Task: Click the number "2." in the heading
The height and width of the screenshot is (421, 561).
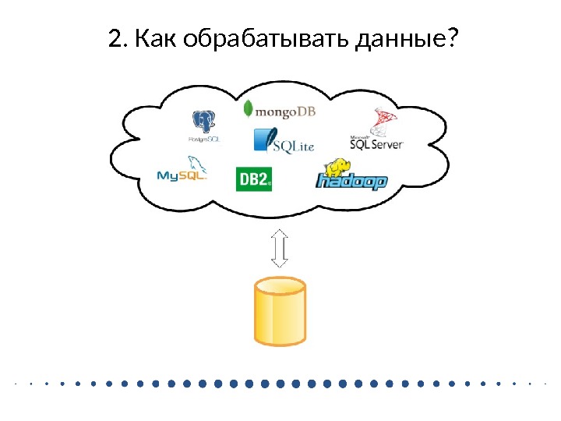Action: coord(118,38)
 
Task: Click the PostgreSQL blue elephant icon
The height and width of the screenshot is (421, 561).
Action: coord(205,122)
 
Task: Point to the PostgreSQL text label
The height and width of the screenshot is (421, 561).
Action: coord(205,140)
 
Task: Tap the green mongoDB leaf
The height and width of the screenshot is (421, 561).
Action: coord(249,109)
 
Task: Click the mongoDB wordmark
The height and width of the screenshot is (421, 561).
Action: coord(286,111)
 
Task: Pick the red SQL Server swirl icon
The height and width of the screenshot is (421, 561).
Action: coord(383,121)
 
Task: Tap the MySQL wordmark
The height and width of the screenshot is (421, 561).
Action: coord(181,176)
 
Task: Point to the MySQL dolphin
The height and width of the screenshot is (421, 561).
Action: coord(194,164)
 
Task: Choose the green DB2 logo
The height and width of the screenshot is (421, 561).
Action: coord(253,179)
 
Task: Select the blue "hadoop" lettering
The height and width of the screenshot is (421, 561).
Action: coord(351,182)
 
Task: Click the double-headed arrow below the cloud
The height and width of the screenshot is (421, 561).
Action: coord(280,248)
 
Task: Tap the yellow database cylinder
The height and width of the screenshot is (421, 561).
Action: coord(280,312)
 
